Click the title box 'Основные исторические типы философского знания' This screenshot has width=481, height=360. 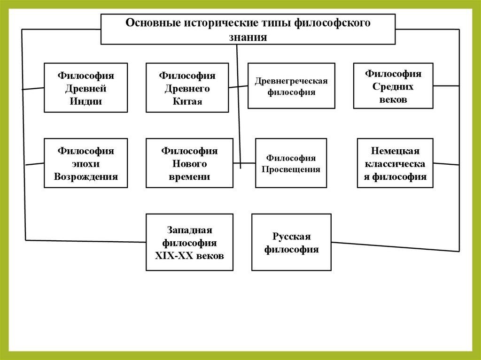coord(248,29)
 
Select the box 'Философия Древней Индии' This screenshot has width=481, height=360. coord(85,88)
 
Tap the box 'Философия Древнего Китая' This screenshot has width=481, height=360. coord(187,88)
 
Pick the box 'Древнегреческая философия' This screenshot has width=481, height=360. coord(291,86)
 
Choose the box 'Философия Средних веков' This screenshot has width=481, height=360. coord(393,86)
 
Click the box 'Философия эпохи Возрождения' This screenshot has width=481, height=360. coord(85,163)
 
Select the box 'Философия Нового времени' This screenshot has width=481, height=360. coord(189,163)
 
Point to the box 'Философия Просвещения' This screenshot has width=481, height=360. coord(291,163)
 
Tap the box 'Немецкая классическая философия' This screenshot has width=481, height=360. coord(395,163)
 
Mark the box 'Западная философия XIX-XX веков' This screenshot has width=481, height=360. coord(189,242)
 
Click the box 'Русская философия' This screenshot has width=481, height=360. coord(291,242)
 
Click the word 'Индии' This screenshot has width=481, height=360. coord(86,101)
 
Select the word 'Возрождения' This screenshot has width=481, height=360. coord(86,177)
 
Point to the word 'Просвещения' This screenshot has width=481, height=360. coord(291,169)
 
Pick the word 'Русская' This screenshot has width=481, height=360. coord(291,236)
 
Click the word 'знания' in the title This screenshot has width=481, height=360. coord(248,38)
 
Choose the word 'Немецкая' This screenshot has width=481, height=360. coord(395,151)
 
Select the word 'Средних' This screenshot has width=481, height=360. coord(393,87)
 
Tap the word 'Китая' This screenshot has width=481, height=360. coord(187,101)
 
